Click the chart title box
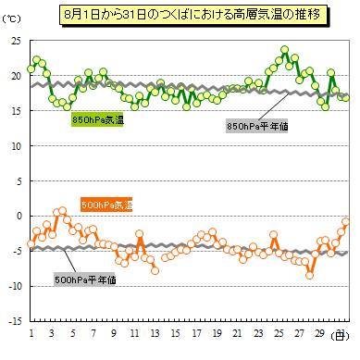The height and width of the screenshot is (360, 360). (193, 15)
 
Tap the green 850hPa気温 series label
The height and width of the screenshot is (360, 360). (97, 119)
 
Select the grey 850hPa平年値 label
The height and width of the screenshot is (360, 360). (256, 126)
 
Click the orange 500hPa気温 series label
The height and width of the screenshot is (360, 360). (106, 205)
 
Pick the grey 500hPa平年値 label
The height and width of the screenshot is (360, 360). (84, 279)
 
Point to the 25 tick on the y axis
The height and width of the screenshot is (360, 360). (16, 41)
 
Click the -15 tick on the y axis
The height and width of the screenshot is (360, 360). (15, 321)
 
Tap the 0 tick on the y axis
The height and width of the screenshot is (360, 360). (19, 216)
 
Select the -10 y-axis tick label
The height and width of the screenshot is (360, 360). (15, 286)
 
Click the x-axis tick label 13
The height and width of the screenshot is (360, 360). (155, 333)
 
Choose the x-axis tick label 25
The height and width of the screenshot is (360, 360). (279, 333)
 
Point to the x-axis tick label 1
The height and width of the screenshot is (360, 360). (31, 333)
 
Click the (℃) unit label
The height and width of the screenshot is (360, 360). (11, 19)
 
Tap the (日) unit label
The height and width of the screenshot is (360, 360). (340, 336)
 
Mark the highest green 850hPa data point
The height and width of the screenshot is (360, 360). (285, 50)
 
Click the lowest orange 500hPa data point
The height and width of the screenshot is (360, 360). (309, 275)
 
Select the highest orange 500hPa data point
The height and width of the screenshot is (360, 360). (62, 211)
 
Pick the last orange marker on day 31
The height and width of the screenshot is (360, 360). (346, 222)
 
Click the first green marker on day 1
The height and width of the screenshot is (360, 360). (31, 68)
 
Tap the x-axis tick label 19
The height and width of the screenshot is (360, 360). (217, 333)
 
